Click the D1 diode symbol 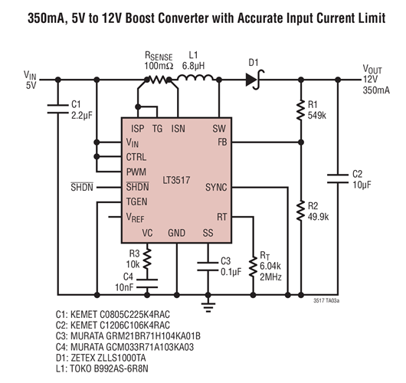(x=253, y=77)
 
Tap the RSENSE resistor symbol (x=159, y=78)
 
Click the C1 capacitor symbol (x=55, y=109)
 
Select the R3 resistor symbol (x=148, y=254)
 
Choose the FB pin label (x=221, y=142)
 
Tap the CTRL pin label (x=136, y=157)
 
